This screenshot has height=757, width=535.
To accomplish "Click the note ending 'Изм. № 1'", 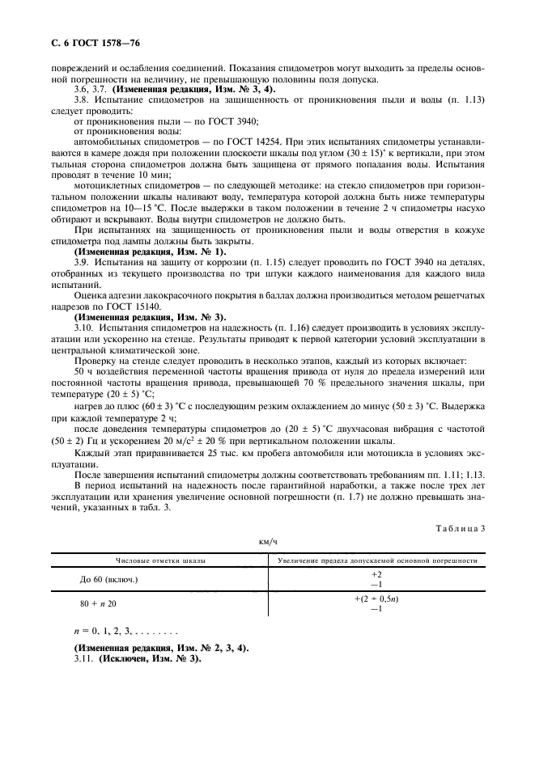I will (x=151, y=251).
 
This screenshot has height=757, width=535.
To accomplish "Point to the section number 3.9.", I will (x=82, y=262).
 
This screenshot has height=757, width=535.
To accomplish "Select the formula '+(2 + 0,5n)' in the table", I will (x=376, y=598).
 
